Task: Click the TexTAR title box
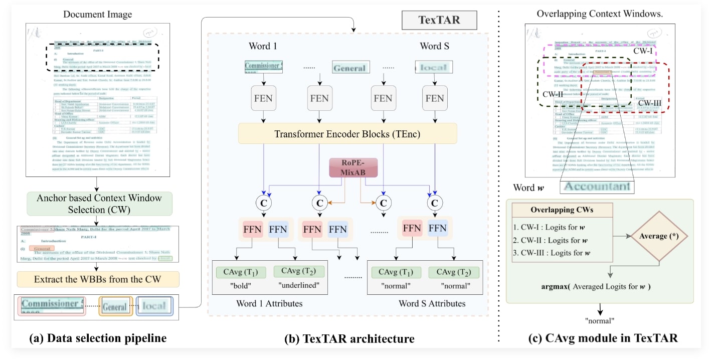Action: coord(439,21)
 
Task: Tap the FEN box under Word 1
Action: coord(264,98)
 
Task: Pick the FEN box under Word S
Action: coord(434,98)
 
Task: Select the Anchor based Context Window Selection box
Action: coord(99,204)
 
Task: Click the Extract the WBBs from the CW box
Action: coord(98,279)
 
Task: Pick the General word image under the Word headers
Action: coord(349,68)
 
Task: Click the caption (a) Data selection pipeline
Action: coord(98,338)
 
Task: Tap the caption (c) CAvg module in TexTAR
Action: coord(603,338)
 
